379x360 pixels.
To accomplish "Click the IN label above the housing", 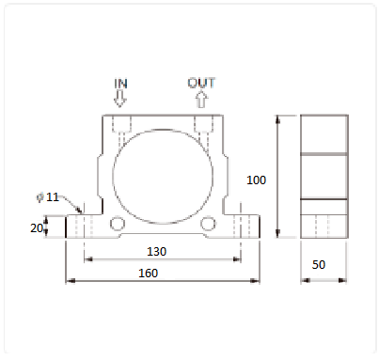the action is (120, 84).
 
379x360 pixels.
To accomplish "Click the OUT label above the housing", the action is (201, 83).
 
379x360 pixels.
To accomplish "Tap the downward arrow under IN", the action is (119, 99).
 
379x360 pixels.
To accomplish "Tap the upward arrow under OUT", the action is (201, 99).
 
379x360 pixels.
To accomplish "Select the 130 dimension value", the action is (156, 252).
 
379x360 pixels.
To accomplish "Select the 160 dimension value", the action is (148, 274).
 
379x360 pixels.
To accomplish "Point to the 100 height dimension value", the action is (256, 180).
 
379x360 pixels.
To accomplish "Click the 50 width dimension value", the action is (319, 265).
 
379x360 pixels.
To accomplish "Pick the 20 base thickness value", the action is (37, 228).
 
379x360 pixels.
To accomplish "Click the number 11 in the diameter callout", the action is (53, 197).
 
